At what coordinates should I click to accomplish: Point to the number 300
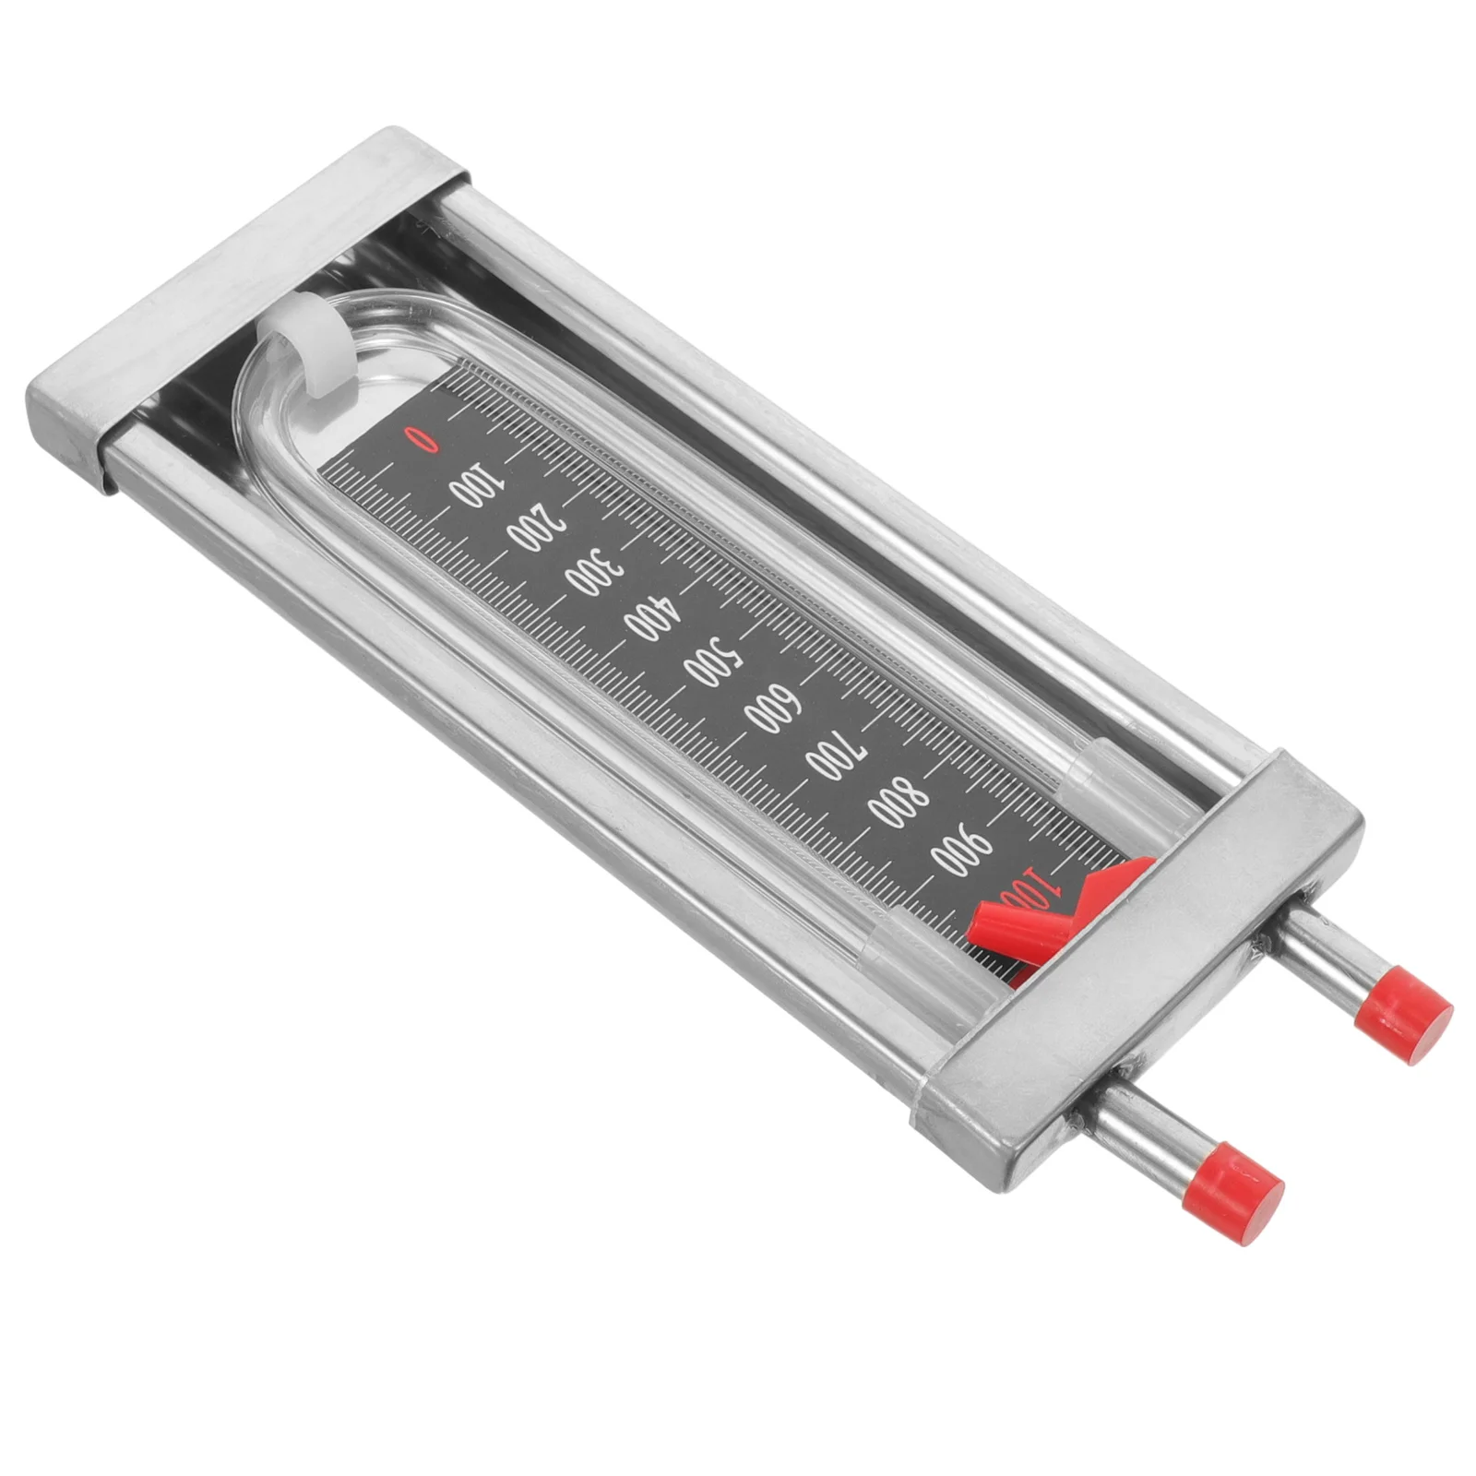click(592, 574)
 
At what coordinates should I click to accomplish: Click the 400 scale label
click(652, 618)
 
